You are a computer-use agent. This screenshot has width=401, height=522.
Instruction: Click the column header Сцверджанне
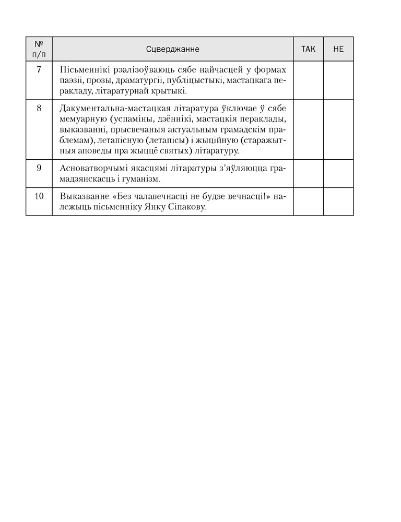[x=172, y=49]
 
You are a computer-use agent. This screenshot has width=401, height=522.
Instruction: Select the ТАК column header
[x=308, y=49]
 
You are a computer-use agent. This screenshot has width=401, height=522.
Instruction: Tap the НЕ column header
[x=338, y=49]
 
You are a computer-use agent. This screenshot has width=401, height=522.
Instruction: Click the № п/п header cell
[x=39, y=49]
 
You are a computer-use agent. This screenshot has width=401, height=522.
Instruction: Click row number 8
[x=39, y=109]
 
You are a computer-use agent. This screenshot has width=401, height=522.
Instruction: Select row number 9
[x=39, y=168]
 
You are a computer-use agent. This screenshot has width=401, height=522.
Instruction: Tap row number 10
[x=39, y=197]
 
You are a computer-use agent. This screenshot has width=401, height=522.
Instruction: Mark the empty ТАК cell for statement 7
[x=308, y=80]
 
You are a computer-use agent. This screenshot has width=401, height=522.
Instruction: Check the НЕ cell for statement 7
[x=338, y=80]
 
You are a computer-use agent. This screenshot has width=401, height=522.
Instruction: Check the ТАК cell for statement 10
[x=308, y=201]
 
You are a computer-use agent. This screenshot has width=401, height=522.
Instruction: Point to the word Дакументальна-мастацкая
[x=107, y=109]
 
